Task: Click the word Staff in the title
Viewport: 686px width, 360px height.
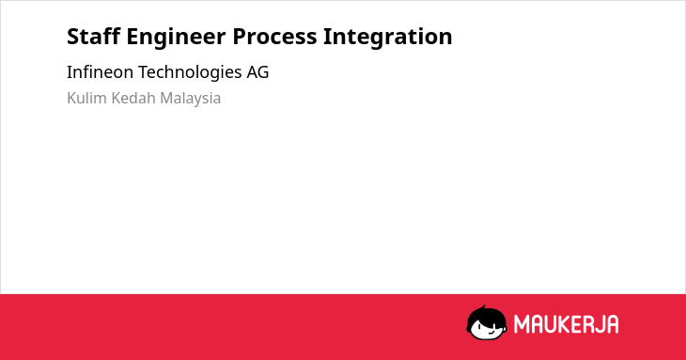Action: pos(93,36)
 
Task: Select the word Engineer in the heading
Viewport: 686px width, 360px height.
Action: pos(176,38)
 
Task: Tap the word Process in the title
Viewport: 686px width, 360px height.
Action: pos(274,37)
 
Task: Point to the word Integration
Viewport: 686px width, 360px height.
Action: pos(387,38)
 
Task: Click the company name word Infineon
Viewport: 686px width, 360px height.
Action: pos(100,72)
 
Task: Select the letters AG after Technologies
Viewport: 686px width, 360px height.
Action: pos(257,72)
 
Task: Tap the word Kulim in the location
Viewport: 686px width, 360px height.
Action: pos(86,98)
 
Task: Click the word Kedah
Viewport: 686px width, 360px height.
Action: pos(133,98)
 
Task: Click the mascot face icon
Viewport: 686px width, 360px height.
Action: pos(487,322)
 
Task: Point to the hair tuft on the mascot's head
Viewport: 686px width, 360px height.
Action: pos(483,307)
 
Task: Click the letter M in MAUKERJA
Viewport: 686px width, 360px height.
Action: pos(522,324)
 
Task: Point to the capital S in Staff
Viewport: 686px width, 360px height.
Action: pos(72,37)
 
